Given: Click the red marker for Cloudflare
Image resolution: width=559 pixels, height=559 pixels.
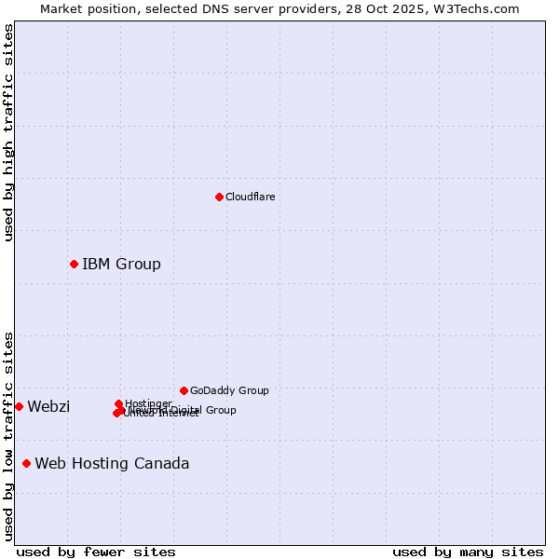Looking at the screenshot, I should click(x=219, y=197).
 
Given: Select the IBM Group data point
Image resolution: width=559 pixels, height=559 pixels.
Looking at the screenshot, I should click(x=74, y=264).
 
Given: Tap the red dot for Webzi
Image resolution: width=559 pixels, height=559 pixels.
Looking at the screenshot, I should click(x=19, y=406).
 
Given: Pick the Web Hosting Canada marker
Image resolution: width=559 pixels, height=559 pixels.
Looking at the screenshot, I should click(x=26, y=463).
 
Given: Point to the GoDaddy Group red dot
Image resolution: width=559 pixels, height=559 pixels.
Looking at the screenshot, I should click(x=184, y=390).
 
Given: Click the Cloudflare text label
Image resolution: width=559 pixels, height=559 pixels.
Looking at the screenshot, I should click(x=250, y=197).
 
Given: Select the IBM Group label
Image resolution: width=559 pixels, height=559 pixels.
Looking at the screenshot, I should click(x=121, y=264).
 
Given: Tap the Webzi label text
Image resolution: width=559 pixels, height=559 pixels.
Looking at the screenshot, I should click(x=48, y=406).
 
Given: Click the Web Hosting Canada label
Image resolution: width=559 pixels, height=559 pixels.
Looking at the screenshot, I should click(x=112, y=463).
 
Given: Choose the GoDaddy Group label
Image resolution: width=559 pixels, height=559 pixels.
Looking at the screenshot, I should click(x=229, y=390).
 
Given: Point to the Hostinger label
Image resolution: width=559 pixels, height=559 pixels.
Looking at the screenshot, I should click(x=148, y=403).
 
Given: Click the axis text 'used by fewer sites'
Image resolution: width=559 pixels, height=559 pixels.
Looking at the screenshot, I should click(x=96, y=552).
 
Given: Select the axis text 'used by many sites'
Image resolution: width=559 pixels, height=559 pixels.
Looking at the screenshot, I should click(x=468, y=552).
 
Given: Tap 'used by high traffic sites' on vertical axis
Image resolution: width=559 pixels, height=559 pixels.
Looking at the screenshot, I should click(x=8, y=132).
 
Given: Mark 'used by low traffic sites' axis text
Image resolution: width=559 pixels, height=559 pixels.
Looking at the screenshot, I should click(x=8, y=436).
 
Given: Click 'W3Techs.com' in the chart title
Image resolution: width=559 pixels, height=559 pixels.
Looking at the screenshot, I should click(x=481, y=8).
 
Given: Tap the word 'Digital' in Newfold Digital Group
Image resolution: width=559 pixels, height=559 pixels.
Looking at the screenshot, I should click(x=189, y=410).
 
